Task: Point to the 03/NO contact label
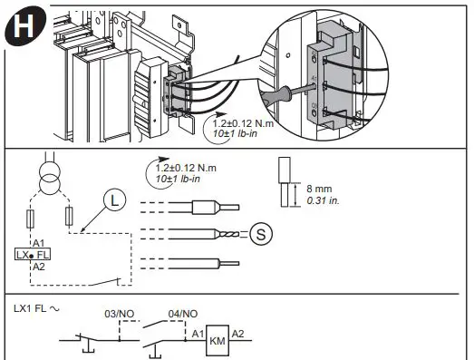pos(120,313)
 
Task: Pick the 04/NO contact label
pos(183,313)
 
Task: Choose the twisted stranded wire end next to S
pos(227,234)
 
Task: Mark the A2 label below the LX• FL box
pos(38,268)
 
